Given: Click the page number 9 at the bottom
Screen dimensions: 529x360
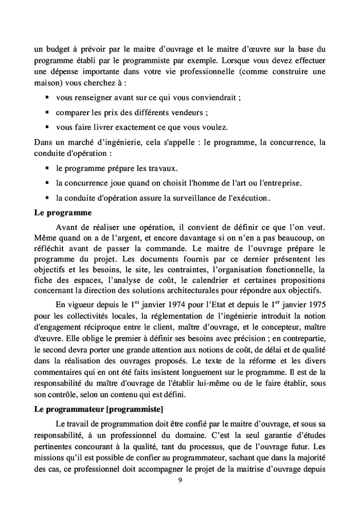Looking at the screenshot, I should pyautogui.click(x=179, y=481).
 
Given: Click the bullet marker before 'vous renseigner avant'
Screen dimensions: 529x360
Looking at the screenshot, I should pyautogui.click(x=47, y=98).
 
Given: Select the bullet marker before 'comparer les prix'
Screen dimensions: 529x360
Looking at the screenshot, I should pyautogui.click(x=47, y=112).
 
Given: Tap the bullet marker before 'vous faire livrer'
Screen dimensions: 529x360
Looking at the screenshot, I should pyautogui.click(x=47, y=127).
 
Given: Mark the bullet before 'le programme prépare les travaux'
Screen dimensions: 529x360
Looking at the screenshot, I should pyautogui.click(x=47, y=168).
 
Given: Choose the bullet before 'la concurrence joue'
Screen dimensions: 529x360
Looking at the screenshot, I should pyautogui.click(x=47, y=183).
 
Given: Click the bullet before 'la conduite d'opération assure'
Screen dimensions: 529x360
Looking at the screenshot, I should pyautogui.click(x=47, y=197).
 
